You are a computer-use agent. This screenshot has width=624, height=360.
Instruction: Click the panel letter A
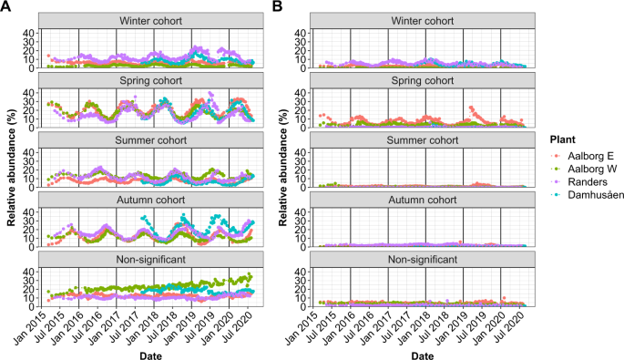[x=7, y=7]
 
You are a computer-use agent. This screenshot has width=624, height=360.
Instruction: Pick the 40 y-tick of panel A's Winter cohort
[x=30, y=33]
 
